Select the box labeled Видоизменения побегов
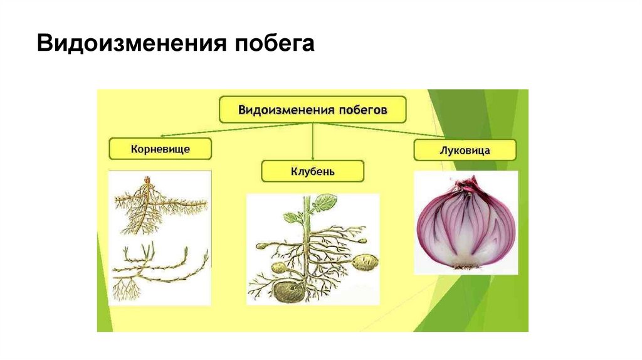pos(313,109)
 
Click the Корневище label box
pos(160,149)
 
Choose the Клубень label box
pos(312,171)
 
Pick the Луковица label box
pos(465,151)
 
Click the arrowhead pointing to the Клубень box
pos(312,157)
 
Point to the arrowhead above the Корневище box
pos(162,135)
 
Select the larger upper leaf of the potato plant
pos(325,202)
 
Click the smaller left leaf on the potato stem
pos(291,217)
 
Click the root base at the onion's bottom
pos(465,266)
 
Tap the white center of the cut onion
pos(465,251)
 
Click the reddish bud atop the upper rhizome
pos(148,181)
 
